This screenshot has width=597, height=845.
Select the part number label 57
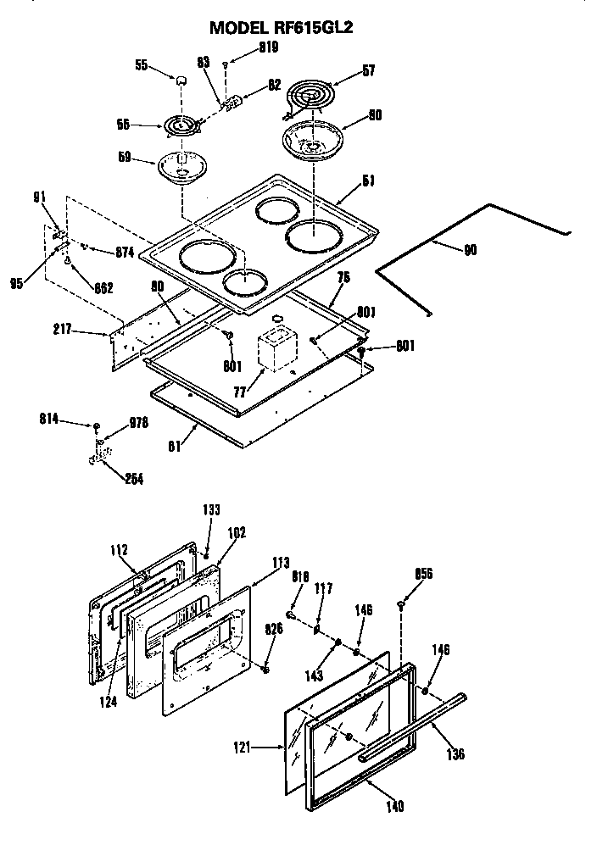click(x=367, y=71)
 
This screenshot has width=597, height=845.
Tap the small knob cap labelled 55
click(x=181, y=80)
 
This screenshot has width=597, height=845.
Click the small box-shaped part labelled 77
click(x=276, y=348)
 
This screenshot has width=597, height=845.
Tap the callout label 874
click(x=125, y=252)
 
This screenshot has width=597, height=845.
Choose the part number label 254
click(x=133, y=479)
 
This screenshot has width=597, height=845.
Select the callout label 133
click(x=211, y=509)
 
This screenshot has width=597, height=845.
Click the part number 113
click(x=281, y=562)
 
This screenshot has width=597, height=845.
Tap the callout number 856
click(x=423, y=574)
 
